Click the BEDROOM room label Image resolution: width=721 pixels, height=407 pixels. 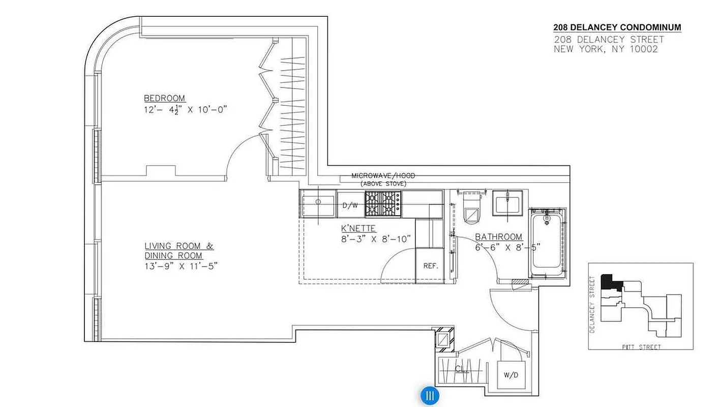(164, 98)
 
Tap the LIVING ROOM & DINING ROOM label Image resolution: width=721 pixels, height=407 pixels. (179, 251)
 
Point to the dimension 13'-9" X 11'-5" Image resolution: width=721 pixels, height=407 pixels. (181, 266)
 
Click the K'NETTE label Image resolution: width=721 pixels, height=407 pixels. (358, 228)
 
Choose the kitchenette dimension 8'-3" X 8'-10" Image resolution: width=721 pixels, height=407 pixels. (376, 239)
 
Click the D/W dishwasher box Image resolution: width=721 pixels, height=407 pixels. (350, 206)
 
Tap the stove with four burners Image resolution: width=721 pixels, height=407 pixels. (383, 203)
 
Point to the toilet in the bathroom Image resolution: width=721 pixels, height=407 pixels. (471, 210)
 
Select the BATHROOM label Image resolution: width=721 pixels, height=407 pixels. (498, 237)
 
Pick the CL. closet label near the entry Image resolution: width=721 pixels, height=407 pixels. (462, 368)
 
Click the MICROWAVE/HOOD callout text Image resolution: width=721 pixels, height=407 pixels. (383, 176)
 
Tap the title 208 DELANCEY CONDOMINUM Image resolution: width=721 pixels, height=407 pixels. (617, 27)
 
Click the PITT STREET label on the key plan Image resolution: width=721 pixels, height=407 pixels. (641, 347)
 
